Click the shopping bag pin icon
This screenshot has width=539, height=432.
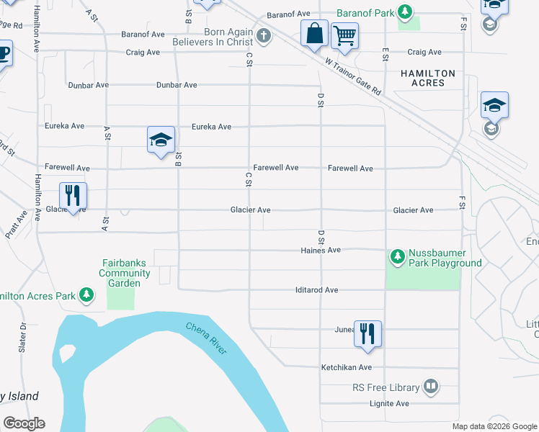coord(315,34)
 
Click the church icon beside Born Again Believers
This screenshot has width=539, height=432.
coord(264,36)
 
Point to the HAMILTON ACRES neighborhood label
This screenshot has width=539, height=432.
coord(428,78)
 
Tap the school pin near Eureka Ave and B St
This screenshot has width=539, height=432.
coord(161,140)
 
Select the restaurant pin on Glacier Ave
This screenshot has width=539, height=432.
coord(73,196)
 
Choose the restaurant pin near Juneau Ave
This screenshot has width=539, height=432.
coord(367,333)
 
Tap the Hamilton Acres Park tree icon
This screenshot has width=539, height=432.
coord(86,295)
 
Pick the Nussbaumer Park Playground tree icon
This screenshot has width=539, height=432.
coord(397,256)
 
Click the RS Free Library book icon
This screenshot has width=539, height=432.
coord(430,387)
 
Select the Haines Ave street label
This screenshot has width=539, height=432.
coord(321,250)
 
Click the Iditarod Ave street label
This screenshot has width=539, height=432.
coord(316,290)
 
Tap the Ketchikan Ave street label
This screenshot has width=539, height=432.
coord(346,367)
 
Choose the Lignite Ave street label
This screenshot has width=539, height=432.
coord(390,404)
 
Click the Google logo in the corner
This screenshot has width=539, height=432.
coord(24,423)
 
